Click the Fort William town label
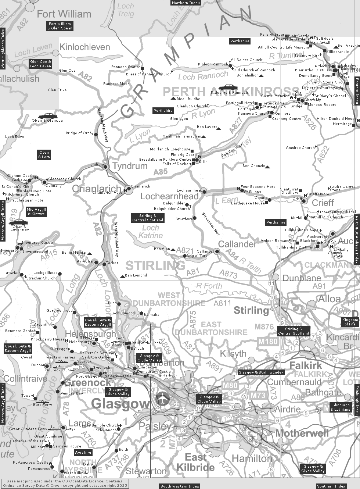pos(64,14)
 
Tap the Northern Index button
pos(186,3)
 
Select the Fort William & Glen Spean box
pos(60,26)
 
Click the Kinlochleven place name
pos(84,47)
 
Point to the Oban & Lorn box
pos(44,154)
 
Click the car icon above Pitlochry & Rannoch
pos(228,88)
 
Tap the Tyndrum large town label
pos(130,166)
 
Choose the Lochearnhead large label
pos(169,196)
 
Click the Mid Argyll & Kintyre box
pos(36,211)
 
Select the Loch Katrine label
pos(151,232)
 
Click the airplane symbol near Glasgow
pos(162,397)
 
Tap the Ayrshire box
pos(83,453)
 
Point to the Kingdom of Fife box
pos(350,322)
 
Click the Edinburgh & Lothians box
pos(341,407)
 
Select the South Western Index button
pos(180,486)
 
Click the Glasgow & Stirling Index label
pos(261,372)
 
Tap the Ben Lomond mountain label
pos(136,275)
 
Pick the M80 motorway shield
pos(231,385)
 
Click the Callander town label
pos(237,244)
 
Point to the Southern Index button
pos(331,486)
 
